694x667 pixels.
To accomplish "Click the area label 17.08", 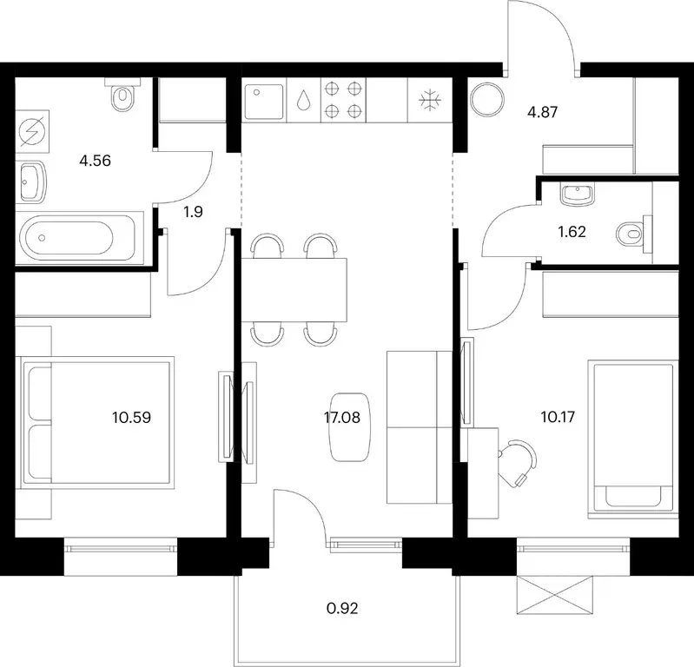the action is click(x=342, y=418).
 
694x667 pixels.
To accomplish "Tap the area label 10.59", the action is click(x=131, y=418).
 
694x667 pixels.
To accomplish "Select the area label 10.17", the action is click(x=558, y=417).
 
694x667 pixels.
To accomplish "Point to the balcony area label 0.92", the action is click(x=342, y=609).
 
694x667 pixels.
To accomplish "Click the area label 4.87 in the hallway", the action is click(x=542, y=112).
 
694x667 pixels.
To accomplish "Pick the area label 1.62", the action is click(x=572, y=232).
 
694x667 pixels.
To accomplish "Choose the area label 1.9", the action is click(x=194, y=212).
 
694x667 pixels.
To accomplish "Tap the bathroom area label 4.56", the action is click(x=96, y=160).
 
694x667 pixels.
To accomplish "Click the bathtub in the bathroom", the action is click(x=77, y=238).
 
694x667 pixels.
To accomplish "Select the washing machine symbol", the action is click(x=32, y=131).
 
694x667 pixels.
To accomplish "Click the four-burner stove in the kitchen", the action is click(x=343, y=100).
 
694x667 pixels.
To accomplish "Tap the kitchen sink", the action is click(x=264, y=102).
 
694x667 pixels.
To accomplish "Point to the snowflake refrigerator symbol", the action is click(x=430, y=100).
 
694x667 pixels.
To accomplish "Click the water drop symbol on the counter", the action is click(x=304, y=100).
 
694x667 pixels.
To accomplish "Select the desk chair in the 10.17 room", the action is click(x=518, y=463).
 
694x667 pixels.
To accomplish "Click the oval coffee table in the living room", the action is click(x=350, y=427).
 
